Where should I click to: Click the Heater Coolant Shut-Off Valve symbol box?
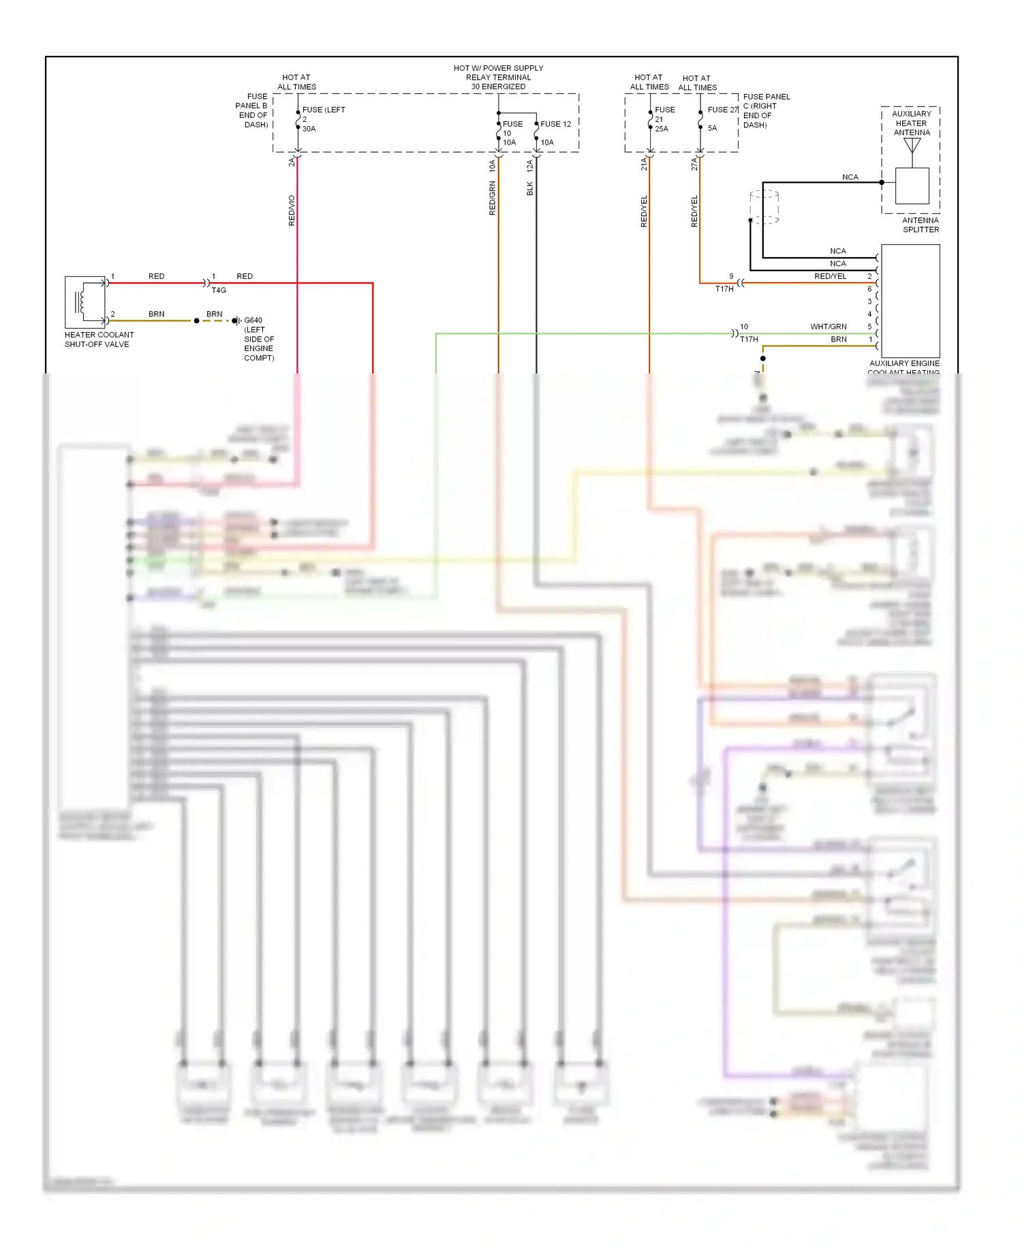[x=85, y=302]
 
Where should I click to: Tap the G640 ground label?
[x=253, y=320]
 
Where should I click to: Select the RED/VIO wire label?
[x=292, y=211]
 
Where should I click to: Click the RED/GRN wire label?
[x=492, y=198]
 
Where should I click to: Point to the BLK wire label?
[x=529, y=189]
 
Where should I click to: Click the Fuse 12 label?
[x=555, y=124]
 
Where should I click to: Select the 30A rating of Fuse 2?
[x=309, y=129]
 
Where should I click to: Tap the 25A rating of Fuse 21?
[x=661, y=129]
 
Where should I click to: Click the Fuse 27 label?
[x=722, y=110]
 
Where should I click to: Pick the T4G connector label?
[x=219, y=290]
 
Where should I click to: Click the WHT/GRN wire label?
[x=828, y=326]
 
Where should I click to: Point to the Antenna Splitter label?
[x=920, y=225]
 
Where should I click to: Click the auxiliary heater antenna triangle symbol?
[x=912, y=146]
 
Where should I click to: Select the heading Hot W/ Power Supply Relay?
[x=498, y=77]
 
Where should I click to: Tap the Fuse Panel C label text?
[x=766, y=110]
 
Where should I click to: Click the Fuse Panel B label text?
[x=253, y=110]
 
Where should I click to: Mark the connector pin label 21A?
[x=643, y=164]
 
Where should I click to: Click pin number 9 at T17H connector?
[x=731, y=276]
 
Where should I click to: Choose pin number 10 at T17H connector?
[x=743, y=326]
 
